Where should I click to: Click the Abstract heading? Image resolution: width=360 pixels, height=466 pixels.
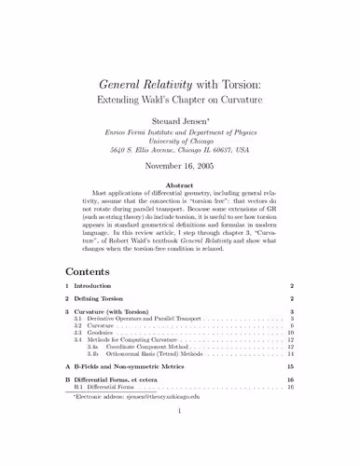tap(180, 185)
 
